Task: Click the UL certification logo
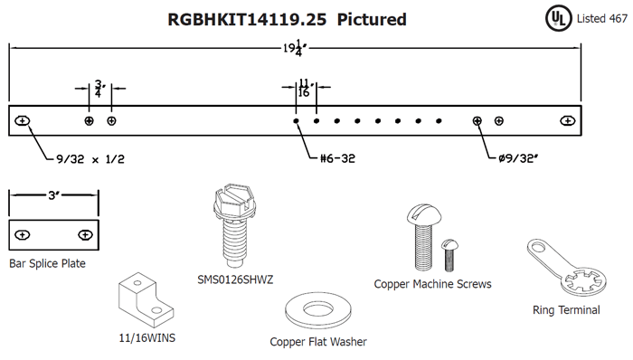click(558, 19)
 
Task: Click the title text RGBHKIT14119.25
click(247, 19)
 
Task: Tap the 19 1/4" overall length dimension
click(295, 48)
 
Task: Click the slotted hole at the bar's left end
click(23, 120)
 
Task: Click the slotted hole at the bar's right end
click(568, 120)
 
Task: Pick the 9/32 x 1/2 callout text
click(90, 159)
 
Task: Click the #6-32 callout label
click(337, 158)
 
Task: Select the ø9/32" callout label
click(518, 158)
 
